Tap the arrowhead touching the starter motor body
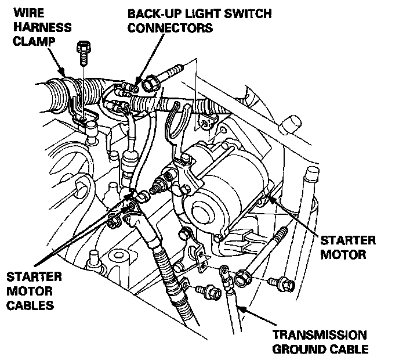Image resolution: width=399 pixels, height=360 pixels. coord(266,201)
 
